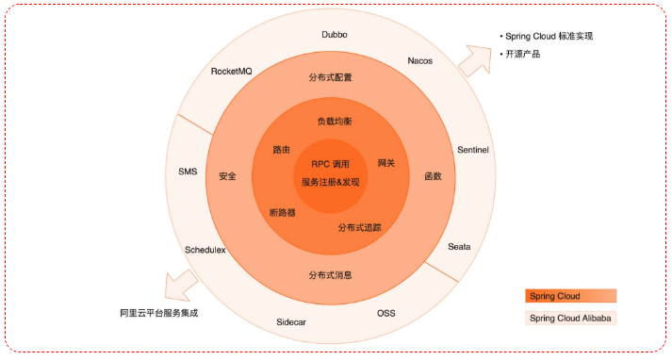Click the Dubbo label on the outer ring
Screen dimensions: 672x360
point(334,34)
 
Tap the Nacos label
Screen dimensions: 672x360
point(420,61)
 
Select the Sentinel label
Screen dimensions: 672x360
point(472,150)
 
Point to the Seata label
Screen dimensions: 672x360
point(459,247)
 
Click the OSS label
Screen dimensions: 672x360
point(386,313)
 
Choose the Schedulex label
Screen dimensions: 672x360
point(205,251)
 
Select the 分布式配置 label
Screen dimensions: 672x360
point(330,76)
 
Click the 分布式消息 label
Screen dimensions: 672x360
point(330,275)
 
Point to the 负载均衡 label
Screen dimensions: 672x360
point(335,122)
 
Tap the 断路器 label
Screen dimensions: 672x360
point(282,213)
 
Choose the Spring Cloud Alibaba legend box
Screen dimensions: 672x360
point(571,319)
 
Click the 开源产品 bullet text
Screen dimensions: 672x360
point(523,54)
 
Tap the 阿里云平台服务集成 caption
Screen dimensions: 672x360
point(159,312)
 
